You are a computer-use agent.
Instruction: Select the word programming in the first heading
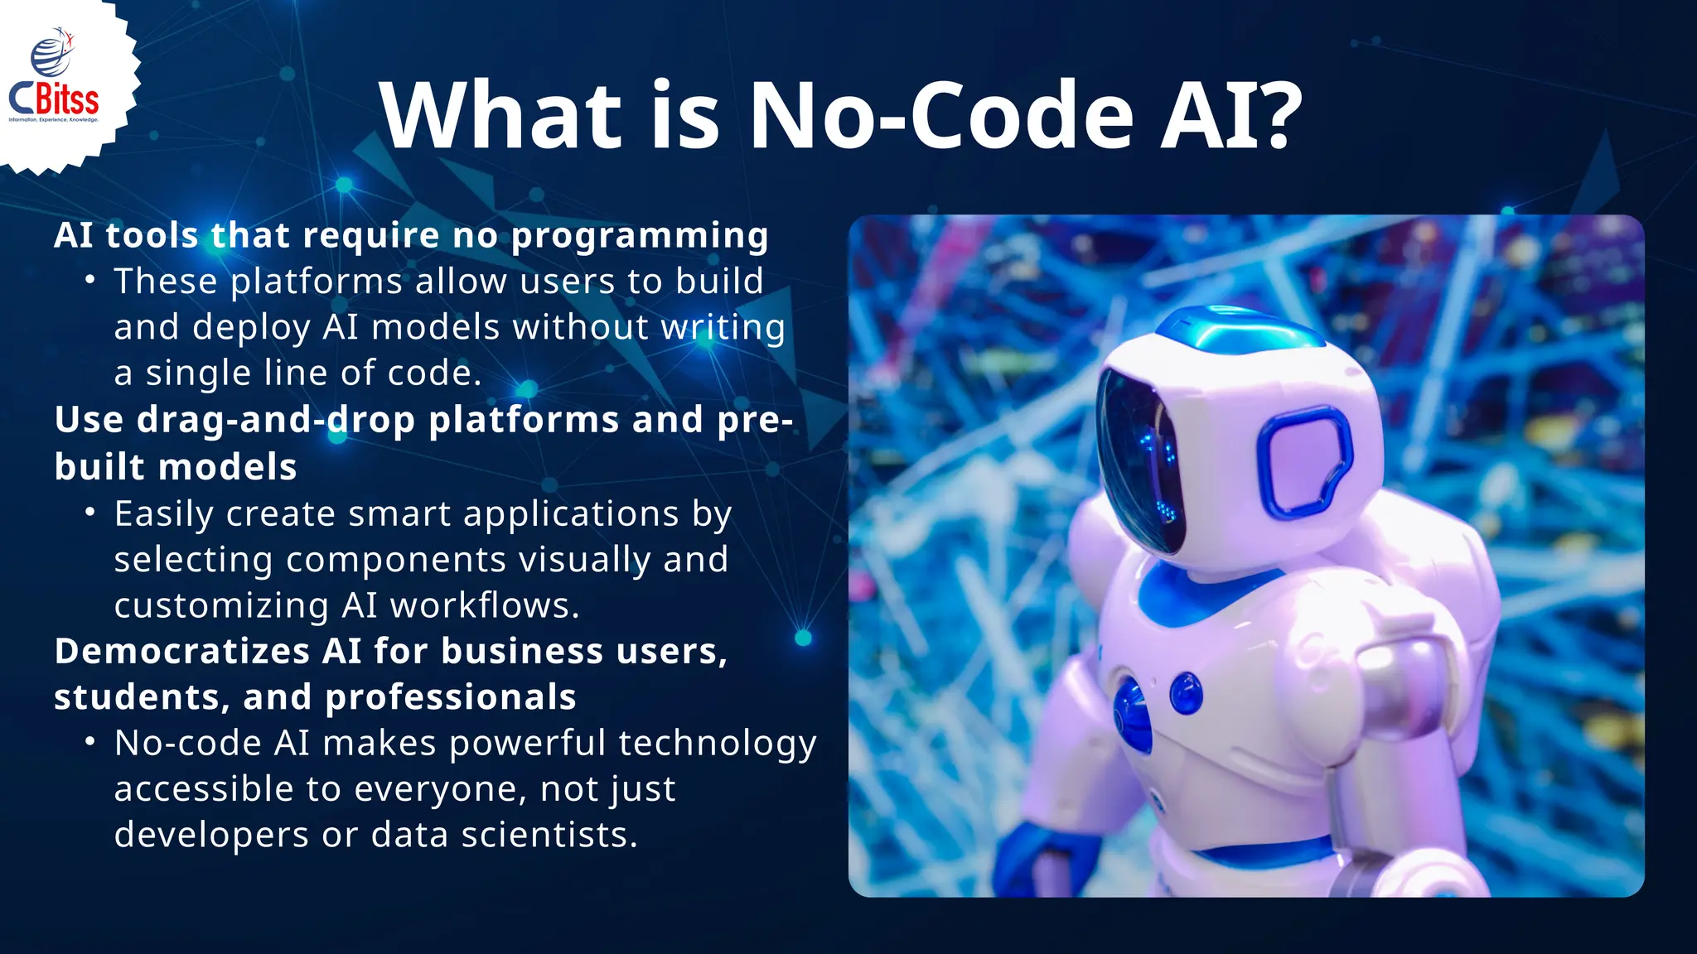pyautogui.click(x=640, y=237)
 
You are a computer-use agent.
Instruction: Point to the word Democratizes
pyautogui.click(x=181, y=652)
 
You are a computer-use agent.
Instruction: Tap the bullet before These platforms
pyautogui.click(x=90, y=281)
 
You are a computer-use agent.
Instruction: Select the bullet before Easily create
pyautogui.click(x=90, y=513)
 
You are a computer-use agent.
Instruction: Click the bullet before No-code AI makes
pyautogui.click(x=90, y=742)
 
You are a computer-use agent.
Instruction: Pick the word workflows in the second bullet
pyautogui.click(x=484, y=605)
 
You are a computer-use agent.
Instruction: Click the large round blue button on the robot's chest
pyautogui.click(x=1131, y=714)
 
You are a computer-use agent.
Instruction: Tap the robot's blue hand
pyautogui.click(x=1036, y=861)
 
